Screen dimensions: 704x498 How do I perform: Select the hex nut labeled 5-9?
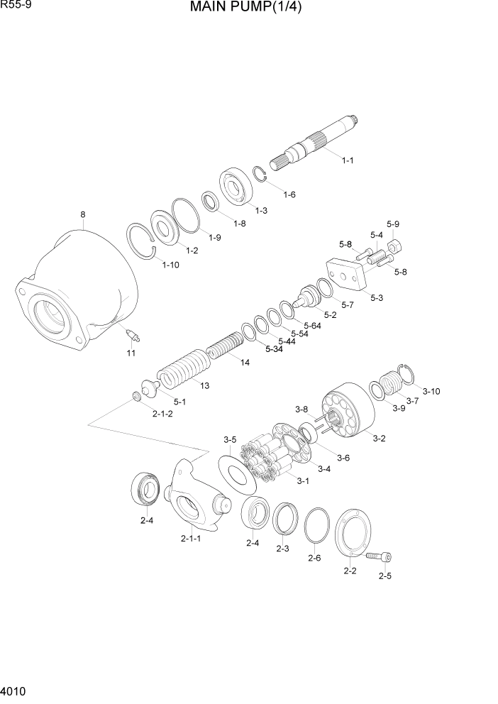coord(394,247)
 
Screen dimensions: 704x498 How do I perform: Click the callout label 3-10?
coord(431,390)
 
